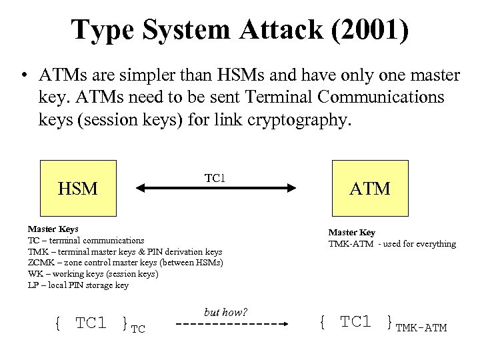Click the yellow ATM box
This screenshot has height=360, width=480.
[x=370, y=188]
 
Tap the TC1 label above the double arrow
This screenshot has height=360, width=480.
[x=215, y=178]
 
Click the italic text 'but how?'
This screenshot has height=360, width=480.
[x=225, y=312]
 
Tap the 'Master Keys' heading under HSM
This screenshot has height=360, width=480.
[x=53, y=229]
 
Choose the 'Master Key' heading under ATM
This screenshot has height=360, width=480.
[x=351, y=232]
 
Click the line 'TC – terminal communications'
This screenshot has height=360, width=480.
[x=86, y=240]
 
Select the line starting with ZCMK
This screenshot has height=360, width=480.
[x=125, y=263]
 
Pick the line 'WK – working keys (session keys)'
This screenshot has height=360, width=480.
[x=93, y=274]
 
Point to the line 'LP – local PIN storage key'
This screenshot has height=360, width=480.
[x=78, y=285]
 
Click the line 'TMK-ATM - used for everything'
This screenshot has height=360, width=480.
[x=392, y=243]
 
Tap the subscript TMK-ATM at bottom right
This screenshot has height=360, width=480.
[x=421, y=328]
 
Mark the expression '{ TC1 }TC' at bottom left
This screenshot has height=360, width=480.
[x=99, y=324]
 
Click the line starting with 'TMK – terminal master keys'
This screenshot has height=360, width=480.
[x=125, y=251]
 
